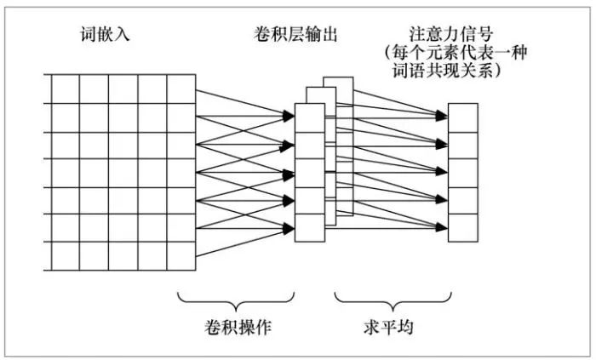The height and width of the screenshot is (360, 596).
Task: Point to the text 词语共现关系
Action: tap(456, 71)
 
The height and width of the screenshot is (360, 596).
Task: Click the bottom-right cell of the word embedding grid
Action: tap(181, 255)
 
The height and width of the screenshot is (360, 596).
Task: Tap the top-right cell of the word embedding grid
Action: tap(181, 89)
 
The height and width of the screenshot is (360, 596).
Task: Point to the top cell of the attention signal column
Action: tap(464, 116)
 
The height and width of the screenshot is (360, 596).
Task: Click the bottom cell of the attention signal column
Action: tap(464, 225)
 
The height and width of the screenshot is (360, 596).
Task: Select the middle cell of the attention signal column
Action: tap(464, 170)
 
